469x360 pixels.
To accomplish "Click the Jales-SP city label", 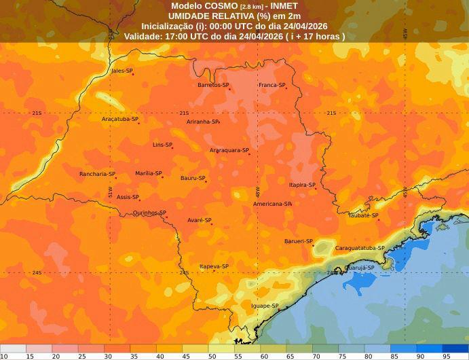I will tap(121, 71).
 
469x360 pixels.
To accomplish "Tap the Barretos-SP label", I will tap(212, 85).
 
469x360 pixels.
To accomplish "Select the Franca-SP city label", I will tap(271, 85).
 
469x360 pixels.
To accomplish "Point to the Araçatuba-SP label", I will tap(119, 119).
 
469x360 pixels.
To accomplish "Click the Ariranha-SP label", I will tap(202, 122).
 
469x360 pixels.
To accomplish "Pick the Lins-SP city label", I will tap(162, 145).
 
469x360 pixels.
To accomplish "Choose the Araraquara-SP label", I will tap(228, 150).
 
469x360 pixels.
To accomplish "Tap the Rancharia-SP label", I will tap(96, 174).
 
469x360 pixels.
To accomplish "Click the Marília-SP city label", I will tap(147, 173).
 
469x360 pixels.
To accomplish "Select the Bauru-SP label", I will tap(192, 178).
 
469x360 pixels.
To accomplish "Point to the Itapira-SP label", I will tap(302, 185).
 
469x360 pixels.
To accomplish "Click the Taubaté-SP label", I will tap(362, 215).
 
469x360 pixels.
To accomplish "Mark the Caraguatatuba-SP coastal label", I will tap(359, 248).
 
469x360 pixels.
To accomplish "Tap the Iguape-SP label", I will tap(264, 306).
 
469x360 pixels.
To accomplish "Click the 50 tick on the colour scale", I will tap(212, 356).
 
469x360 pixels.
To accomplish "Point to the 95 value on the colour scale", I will tap(447, 356).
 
